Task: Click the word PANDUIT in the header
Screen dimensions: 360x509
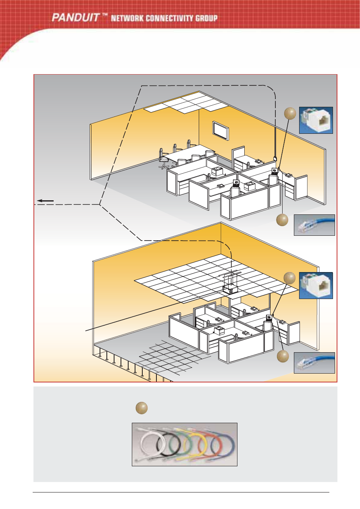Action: (75, 17)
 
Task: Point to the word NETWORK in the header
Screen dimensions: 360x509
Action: (127, 18)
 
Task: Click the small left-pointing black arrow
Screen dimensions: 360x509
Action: (46, 201)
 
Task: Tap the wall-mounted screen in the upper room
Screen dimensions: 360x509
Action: (221, 131)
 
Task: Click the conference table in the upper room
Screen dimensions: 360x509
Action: (189, 154)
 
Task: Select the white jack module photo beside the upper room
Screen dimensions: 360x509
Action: (316, 120)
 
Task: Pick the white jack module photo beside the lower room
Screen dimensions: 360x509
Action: (316, 285)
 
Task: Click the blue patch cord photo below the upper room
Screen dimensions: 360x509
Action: (314, 225)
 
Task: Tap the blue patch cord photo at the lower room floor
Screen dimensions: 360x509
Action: (314, 363)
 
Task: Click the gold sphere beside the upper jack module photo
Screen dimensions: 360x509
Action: (290, 113)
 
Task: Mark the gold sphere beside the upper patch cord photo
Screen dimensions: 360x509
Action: (282, 220)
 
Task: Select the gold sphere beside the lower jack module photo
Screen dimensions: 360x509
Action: (289, 278)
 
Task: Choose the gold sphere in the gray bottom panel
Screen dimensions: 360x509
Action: (142, 408)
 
